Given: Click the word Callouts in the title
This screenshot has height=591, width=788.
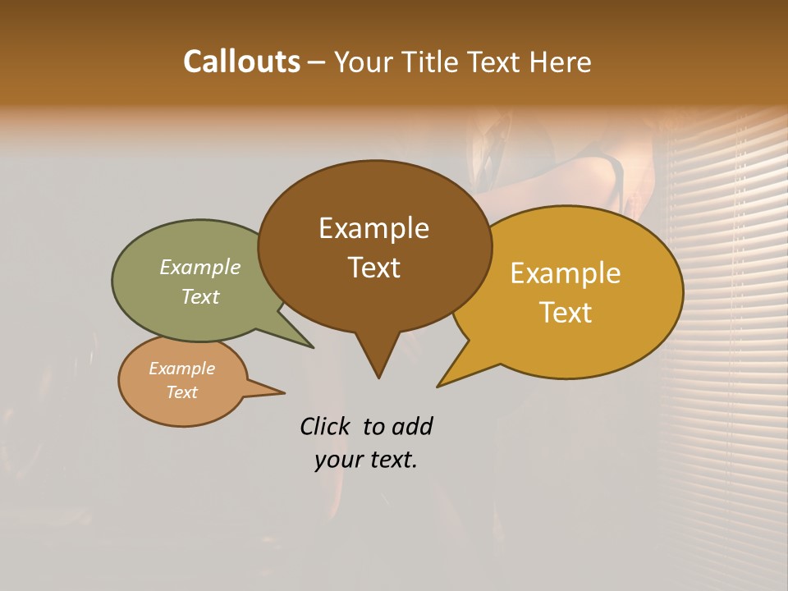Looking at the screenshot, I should coord(241,62).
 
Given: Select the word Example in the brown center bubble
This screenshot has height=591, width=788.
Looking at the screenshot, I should coord(373,228).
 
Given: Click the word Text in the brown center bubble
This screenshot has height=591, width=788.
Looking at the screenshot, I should coord(373,268).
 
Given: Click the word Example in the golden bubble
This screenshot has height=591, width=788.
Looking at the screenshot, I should coord(566,273).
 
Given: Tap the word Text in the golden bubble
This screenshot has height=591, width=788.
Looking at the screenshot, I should coord(566,313).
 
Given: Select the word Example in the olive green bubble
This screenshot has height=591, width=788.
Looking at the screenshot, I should coord(200,267).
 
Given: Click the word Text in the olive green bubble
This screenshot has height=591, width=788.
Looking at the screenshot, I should coord(200,296).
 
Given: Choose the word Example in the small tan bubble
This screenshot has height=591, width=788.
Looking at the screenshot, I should coord(181,369).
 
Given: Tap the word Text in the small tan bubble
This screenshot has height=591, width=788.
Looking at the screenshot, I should coord(181,392).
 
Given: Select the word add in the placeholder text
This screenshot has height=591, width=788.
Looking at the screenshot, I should coord(411,426).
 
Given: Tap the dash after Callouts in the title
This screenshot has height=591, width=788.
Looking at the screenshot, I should coord(317,62).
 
